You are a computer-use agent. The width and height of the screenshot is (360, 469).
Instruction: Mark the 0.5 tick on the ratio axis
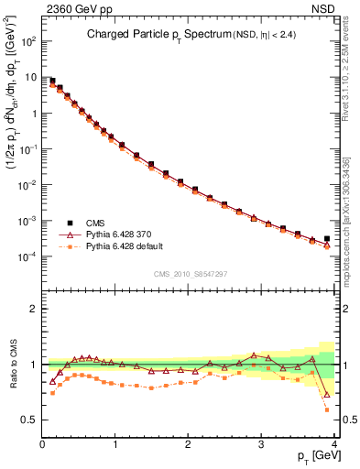click(x=28, y=420)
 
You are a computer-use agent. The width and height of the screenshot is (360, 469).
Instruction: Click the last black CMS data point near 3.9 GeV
click(x=327, y=238)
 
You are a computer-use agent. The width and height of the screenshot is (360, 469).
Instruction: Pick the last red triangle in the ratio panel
click(x=327, y=396)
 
